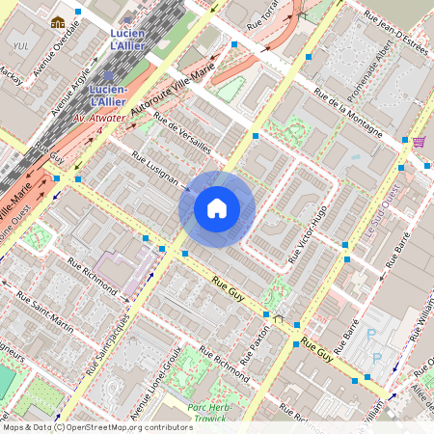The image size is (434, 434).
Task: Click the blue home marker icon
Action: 217,207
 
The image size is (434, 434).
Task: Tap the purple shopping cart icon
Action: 419,142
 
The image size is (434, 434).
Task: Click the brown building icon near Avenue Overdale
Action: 58,22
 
